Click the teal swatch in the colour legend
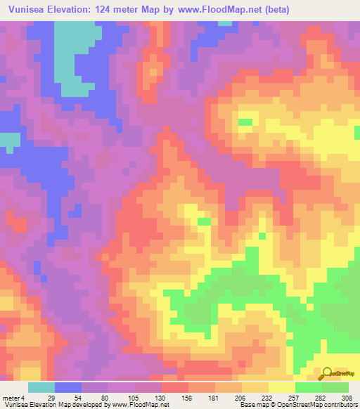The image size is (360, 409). [41, 388]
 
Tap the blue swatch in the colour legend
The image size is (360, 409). [68, 388]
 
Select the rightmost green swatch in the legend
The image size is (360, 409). [335, 388]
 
